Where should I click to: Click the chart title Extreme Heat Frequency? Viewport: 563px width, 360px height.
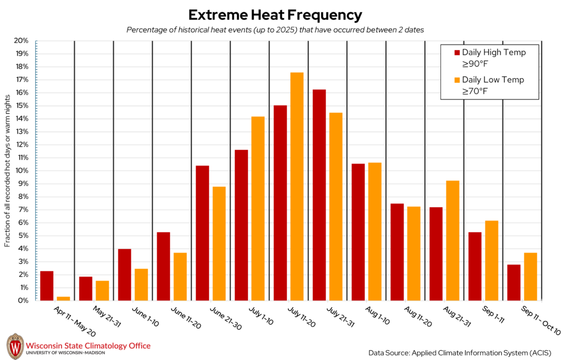coord(275,15)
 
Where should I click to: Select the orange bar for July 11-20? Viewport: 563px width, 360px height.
coord(297,186)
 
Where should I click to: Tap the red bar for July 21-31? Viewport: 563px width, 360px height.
coord(319,195)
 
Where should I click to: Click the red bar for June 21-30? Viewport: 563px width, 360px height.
coord(202,233)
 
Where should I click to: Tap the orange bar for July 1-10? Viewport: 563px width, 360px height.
coord(258,208)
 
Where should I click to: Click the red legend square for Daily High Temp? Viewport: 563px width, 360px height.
coord(456,53)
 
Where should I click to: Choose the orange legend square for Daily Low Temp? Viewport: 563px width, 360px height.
coord(456,80)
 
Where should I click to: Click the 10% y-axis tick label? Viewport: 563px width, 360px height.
coord(21,170)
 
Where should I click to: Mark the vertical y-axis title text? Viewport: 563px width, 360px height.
coord(8,170)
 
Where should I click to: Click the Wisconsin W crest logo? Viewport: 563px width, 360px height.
coord(15,346)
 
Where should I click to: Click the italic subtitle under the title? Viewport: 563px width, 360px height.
coord(275,30)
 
